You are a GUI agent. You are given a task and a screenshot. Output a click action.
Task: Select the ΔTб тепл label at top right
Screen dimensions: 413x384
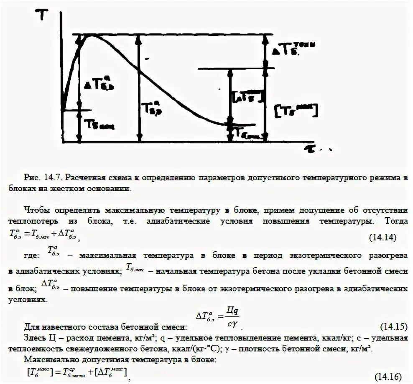(x=293, y=49)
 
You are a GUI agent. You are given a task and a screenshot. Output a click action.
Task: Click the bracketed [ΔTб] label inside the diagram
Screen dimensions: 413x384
(x=247, y=96)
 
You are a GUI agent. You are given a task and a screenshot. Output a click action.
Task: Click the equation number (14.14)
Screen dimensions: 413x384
(x=382, y=237)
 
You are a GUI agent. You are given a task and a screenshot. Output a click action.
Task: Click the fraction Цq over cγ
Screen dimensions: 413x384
(x=232, y=317)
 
